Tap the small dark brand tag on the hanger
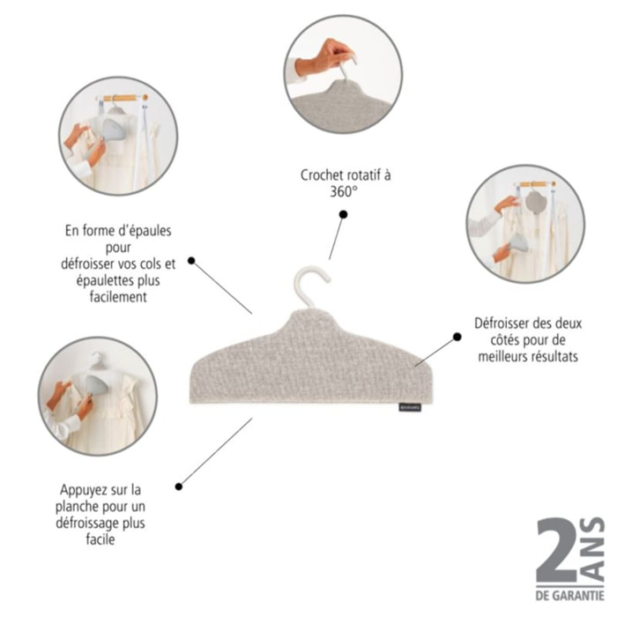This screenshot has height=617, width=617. [x=410, y=407]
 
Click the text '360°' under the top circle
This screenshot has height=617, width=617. [x=344, y=192]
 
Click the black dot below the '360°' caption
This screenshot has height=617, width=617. [x=344, y=214]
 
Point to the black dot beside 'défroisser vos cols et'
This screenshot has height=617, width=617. [x=191, y=261]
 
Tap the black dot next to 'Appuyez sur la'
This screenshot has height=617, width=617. [x=179, y=487]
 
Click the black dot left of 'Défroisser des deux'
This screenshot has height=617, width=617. [x=457, y=337]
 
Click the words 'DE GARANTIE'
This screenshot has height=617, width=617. [x=570, y=595]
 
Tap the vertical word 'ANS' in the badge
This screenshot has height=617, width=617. [x=592, y=548]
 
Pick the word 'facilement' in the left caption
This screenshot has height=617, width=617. [x=118, y=297]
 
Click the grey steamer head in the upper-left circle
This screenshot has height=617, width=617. [x=113, y=130]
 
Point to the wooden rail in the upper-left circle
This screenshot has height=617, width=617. [x=123, y=98]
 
